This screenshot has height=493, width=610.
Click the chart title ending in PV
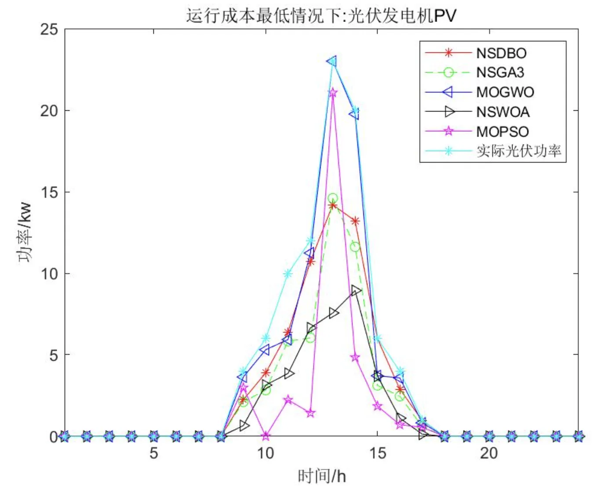pos(321,16)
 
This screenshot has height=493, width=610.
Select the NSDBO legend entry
pos(501,53)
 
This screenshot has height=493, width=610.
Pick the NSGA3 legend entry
pos(500,72)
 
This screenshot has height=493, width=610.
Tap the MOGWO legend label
pos(505,92)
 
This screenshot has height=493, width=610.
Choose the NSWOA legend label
pos(503,112)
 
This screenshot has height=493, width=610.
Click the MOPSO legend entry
pos(502,131)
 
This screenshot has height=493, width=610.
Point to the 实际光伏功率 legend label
pos(519,151)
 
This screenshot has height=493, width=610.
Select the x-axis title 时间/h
pos(322,476)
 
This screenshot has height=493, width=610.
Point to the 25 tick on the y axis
pos(49,29)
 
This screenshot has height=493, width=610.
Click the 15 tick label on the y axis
pos(49,192)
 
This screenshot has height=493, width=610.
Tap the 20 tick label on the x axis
pos(489,453)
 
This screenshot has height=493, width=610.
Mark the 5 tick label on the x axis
pos(153,453)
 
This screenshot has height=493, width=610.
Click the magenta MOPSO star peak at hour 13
pos(333,93)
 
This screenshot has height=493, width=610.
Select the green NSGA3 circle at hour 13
pos(333,199)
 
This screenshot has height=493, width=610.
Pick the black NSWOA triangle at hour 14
pos(356,290)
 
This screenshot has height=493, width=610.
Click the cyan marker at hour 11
pos(288,274)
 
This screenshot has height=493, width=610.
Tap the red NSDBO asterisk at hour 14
pos(355,221)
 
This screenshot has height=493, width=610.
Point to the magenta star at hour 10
pos(265,436)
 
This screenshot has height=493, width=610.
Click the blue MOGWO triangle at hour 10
pos(265,350)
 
